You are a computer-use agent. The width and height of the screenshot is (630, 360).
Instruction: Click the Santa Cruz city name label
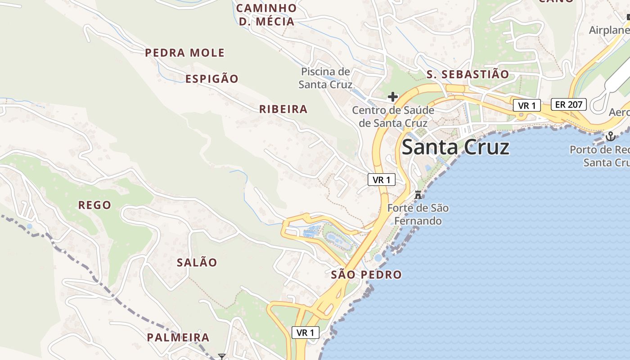455,147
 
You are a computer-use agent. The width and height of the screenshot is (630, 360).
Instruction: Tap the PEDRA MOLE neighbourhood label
184,53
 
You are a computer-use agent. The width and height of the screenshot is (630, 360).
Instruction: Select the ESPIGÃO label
212,79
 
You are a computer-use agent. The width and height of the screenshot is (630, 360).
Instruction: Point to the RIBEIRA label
283,109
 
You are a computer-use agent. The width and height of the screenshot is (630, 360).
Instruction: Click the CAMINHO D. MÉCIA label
266,14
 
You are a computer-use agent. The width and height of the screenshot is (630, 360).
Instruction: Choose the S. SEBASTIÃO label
468,74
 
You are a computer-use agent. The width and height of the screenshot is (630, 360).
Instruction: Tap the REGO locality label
94,205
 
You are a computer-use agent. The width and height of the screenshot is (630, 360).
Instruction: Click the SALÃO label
197,262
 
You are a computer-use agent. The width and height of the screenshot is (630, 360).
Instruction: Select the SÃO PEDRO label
366,274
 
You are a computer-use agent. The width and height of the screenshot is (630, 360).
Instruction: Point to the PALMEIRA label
178,337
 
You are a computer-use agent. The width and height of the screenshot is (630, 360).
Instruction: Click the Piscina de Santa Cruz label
325,78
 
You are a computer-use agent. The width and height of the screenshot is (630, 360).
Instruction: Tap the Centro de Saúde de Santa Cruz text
393,117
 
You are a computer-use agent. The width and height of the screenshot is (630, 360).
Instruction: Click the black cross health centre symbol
393,96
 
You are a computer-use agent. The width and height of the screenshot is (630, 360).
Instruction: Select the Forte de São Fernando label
418,215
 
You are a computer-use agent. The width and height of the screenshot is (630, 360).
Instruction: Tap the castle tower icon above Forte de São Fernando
418,195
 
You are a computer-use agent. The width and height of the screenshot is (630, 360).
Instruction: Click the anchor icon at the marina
611,136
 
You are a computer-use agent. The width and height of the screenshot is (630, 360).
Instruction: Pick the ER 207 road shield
569,105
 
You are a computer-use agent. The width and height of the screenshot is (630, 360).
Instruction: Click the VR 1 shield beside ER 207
526,105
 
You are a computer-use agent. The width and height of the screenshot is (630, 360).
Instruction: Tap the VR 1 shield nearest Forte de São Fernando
381,180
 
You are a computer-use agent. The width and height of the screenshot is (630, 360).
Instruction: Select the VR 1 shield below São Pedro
306,333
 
